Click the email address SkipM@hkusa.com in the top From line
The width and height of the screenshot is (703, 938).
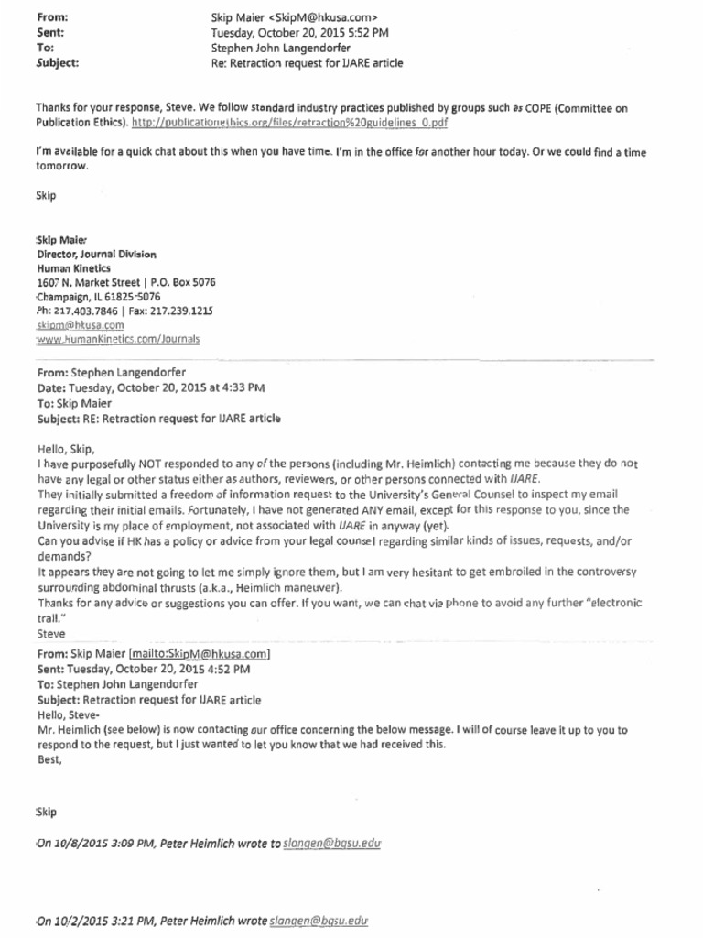coord(325,17)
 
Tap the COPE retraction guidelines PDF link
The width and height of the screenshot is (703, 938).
coord(290,123)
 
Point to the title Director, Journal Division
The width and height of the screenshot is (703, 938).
coord(97,253)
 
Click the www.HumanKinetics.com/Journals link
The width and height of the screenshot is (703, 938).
coord(118,339)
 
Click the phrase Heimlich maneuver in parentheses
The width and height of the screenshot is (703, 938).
coord(287,587)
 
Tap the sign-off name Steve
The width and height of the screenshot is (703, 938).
coord(50,633)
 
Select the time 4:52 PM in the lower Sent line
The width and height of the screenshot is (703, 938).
coord(228,669)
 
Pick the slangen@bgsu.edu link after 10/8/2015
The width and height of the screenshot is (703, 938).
coord(331,843)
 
